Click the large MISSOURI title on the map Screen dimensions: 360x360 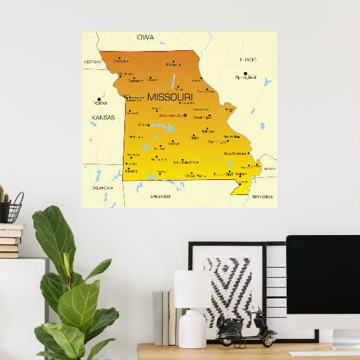click(x=170, y=97)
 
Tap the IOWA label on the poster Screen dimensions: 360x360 click(x=145, y=37)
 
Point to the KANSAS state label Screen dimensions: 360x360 click(x=103, y=118)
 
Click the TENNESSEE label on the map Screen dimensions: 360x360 click(x=262, y=196)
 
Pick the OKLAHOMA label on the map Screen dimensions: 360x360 click(x=103, y=187)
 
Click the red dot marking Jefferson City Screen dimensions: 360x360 click(x=185, y=115)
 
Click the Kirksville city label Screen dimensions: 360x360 click(x=173, y=65)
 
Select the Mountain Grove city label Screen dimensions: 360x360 click(x=185, y=162)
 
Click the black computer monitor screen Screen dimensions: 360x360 click(x=323, y=281)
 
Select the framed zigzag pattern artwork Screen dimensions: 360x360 click(x=227, y=289)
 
